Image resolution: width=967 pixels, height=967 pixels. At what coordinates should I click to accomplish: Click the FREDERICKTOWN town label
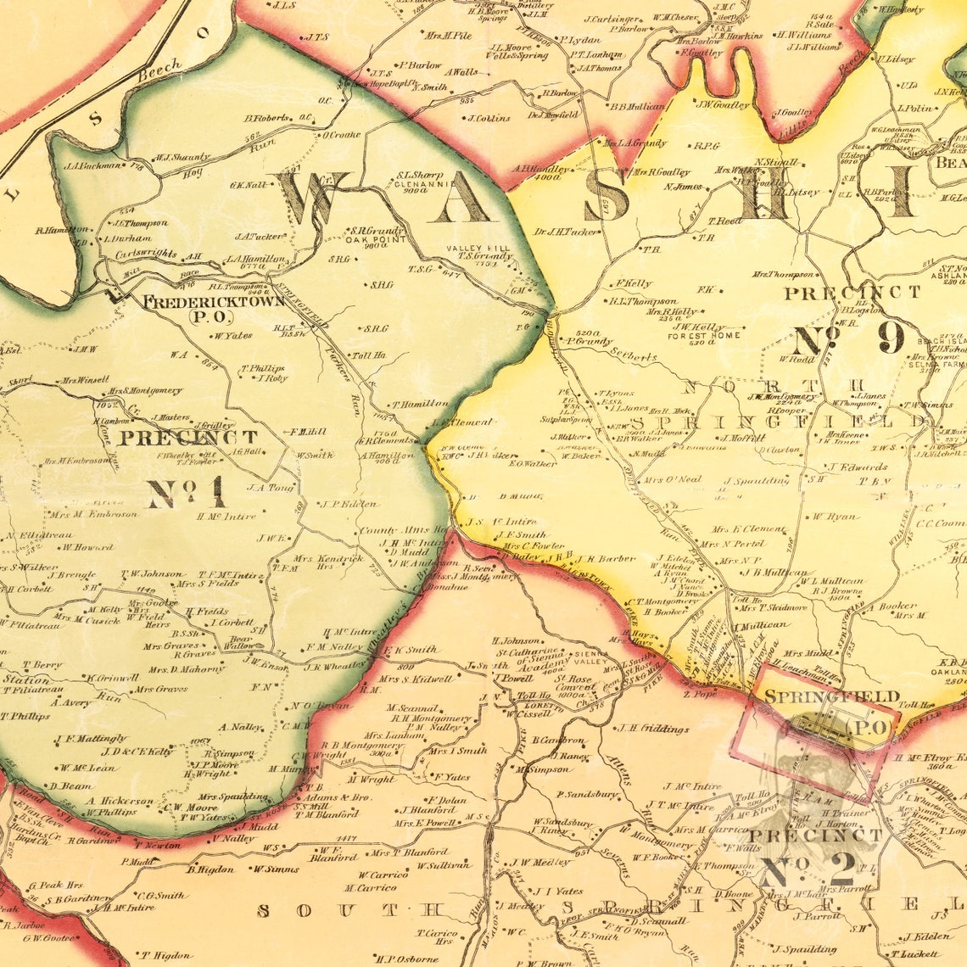coord(213,302)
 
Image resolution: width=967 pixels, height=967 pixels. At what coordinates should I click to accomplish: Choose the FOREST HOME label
coord(703,335)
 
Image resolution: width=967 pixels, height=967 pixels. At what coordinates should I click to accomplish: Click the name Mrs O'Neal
coord(673,479)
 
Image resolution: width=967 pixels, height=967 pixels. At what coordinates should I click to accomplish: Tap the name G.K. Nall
coord(249,184)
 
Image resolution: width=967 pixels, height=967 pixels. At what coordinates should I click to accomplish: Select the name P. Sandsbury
coord(587,795)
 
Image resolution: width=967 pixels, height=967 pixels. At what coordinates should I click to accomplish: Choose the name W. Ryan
coord(834,517)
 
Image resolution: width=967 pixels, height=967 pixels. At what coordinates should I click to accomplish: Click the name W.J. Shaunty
coord(181,156)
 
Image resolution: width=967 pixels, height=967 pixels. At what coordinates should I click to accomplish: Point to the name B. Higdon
coord(210,869)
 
